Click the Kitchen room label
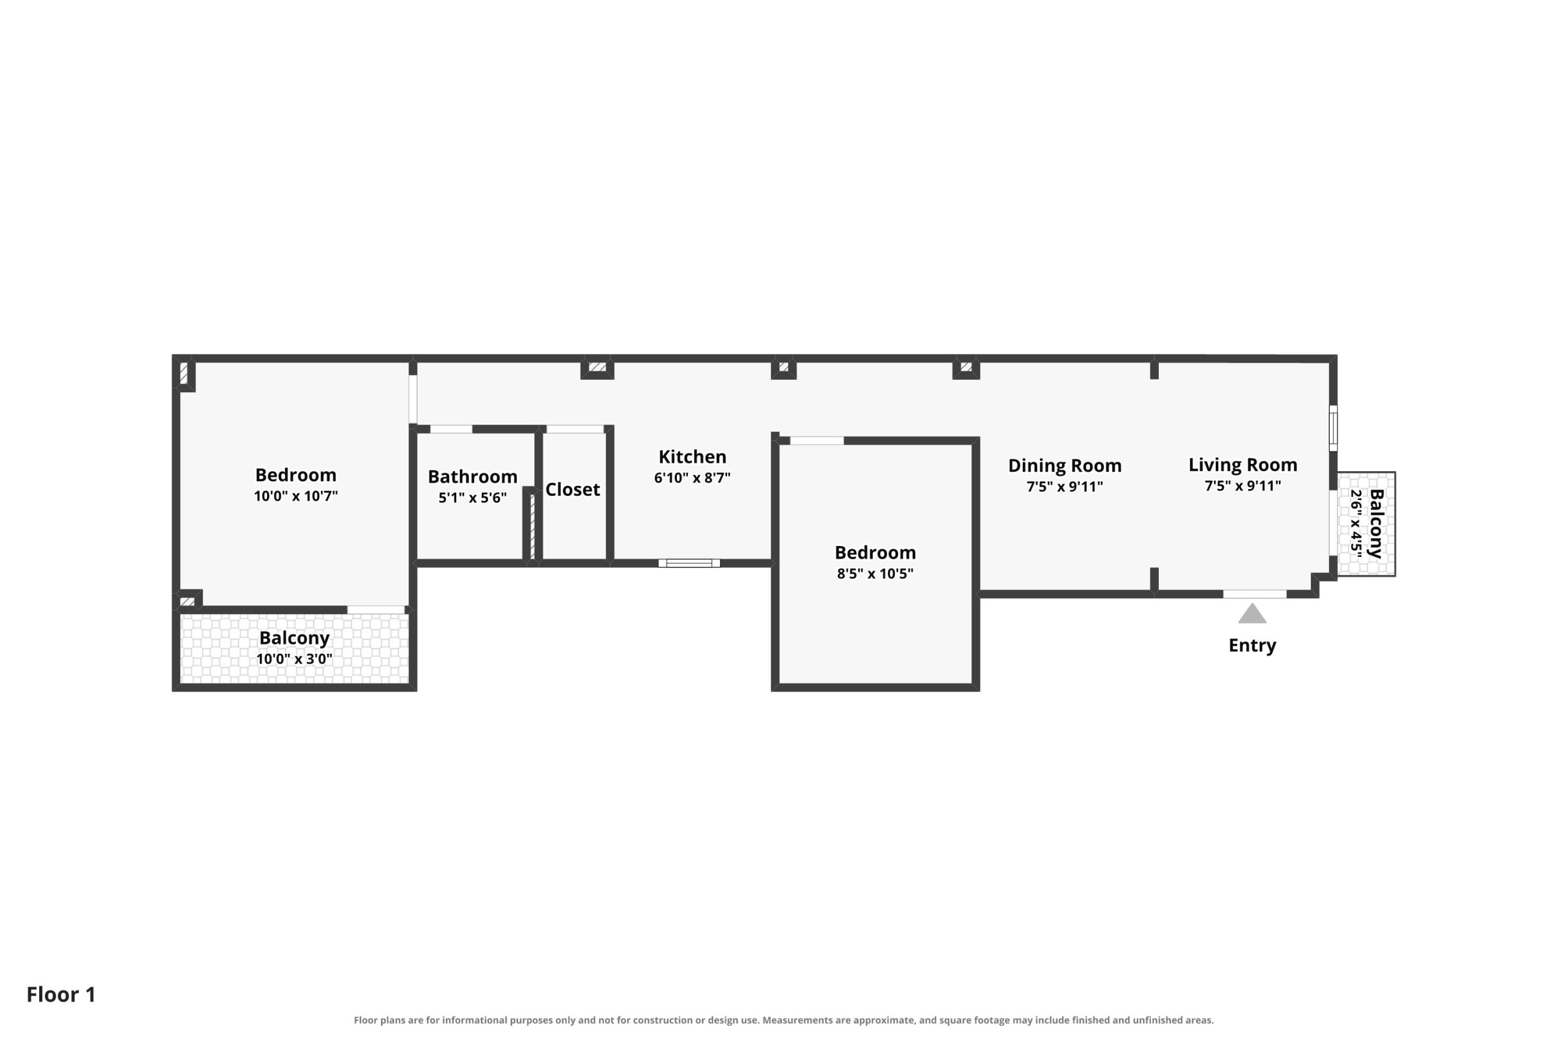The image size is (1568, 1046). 692,457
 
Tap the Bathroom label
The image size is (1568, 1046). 473,476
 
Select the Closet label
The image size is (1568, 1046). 573,490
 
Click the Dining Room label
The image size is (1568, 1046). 1065,466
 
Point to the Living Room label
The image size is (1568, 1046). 1243,465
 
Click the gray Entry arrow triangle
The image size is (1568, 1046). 1252,614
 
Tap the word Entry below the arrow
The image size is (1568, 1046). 1252,646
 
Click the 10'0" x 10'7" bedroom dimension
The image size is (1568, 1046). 295,496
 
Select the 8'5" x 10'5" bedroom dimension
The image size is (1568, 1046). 875,574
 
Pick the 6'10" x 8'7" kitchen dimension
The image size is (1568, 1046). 692,477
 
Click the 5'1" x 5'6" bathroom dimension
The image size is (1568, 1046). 473,498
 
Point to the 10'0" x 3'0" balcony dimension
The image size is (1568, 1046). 294,659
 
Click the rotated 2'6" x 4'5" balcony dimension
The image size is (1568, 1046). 1356,524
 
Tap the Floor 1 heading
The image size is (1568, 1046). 61,995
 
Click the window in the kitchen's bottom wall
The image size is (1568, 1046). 689,564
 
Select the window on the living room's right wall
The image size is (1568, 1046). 1333,428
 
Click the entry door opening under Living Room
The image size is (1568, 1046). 1254,594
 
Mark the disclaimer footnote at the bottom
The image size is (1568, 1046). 784,1020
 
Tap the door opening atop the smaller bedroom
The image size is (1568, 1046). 816,441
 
